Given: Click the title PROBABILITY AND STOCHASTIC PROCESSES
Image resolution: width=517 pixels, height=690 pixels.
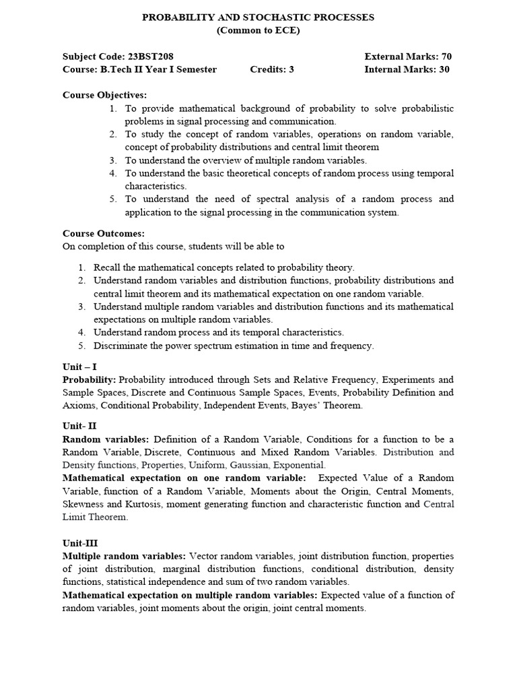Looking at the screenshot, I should [258, 18].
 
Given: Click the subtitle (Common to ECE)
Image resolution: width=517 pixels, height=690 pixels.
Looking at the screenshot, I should [258, 30].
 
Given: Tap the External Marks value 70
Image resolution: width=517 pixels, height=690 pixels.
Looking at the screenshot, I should [446, 57].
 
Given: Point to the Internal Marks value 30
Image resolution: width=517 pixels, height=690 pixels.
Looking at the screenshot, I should [444, 69].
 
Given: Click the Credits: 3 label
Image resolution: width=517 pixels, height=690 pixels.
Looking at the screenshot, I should [272, 69].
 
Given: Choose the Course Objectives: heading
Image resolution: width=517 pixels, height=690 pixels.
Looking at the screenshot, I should [104, 95].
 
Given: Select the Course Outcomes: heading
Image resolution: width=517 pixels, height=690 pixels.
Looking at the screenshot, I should [104, 233].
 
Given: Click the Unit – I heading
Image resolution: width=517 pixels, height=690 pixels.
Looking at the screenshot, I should [79, 367].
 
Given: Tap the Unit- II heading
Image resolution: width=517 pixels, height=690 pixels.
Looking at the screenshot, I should [79, 426].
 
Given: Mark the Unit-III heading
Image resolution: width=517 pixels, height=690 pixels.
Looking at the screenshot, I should [80, 542].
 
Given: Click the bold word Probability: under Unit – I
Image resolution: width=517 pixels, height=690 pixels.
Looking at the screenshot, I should [90, 379].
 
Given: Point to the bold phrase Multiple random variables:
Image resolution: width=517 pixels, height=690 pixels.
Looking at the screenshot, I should [125, 556].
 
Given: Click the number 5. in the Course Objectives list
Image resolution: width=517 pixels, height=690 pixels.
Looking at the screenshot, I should [114, 199].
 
